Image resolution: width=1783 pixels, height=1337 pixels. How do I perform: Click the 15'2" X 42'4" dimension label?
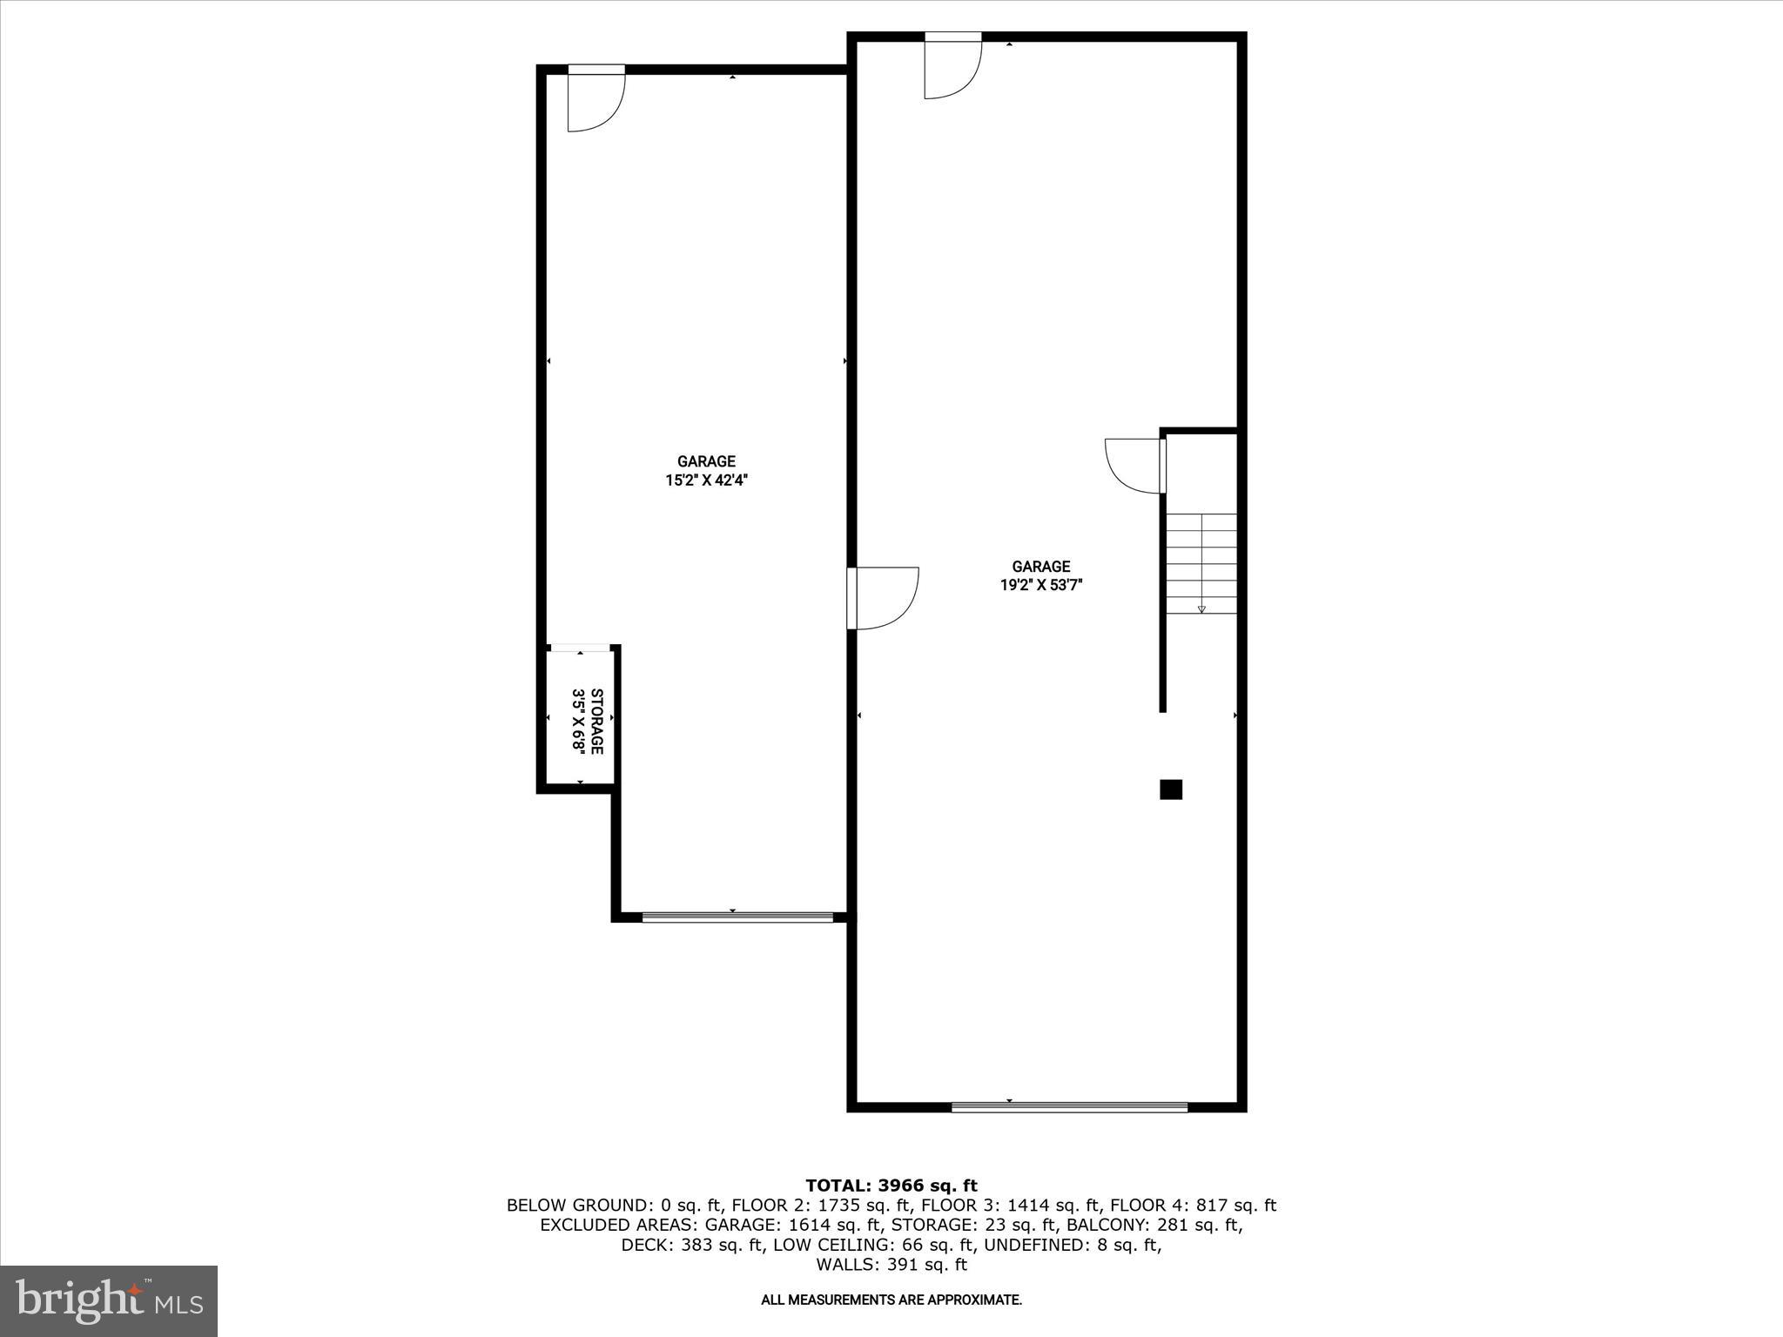click(706, 480)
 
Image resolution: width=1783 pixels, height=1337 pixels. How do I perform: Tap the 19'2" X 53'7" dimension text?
click(1040, 585)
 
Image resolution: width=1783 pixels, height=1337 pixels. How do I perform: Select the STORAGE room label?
click(596, 722)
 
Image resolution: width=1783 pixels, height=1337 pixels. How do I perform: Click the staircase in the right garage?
click(1201, 563)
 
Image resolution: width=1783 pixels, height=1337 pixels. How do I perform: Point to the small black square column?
click(1171, 789)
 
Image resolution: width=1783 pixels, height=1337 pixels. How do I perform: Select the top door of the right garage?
click(952, 66)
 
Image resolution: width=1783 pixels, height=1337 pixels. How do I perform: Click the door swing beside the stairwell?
click(1134, 466)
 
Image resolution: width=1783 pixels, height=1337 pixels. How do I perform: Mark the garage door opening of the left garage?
click(737, 916)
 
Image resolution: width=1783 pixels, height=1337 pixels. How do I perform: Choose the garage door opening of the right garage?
click(1069, 1107)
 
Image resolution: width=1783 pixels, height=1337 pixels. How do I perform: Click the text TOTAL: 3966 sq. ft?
click(891, 1186)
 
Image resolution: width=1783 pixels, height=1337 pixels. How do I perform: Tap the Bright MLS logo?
click(109, 1300)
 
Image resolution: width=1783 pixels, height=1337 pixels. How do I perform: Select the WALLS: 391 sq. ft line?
click(891, 1265)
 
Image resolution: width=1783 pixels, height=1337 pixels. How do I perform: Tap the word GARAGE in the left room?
click(706, 461)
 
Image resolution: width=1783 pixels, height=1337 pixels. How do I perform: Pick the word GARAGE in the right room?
click(1040, 567)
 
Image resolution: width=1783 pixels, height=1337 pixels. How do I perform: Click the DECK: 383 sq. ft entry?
click(692, 1246)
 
